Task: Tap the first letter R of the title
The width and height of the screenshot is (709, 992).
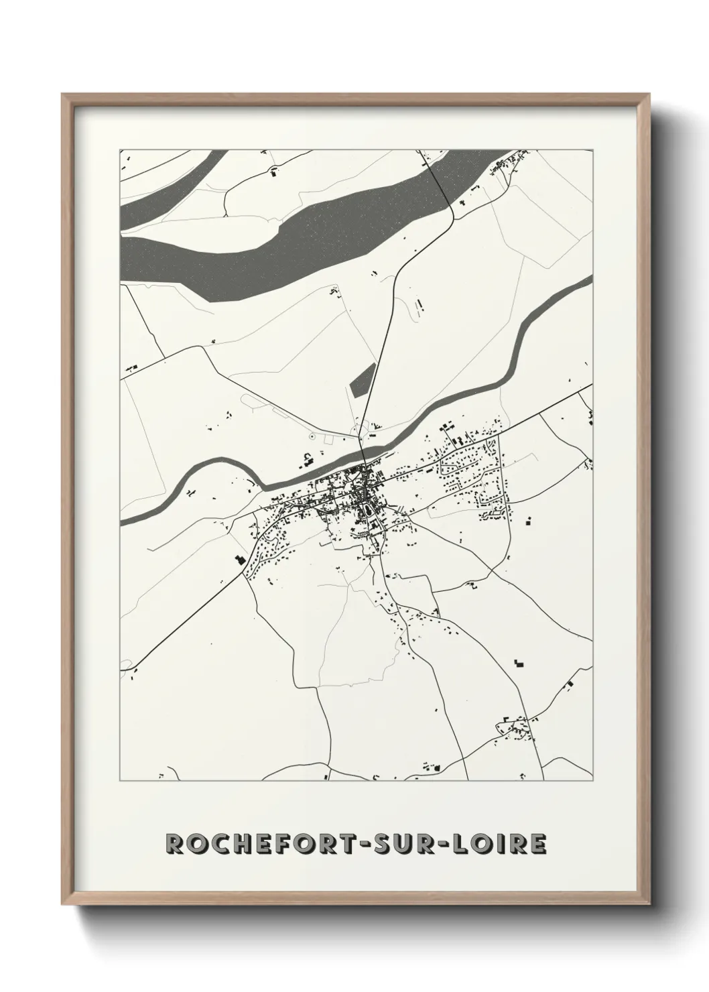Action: (175, 844)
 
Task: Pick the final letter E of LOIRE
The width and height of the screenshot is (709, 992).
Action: (539, 844)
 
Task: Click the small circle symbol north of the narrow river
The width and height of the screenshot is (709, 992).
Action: (312, 437)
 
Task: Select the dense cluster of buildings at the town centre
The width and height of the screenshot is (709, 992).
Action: (359, 496)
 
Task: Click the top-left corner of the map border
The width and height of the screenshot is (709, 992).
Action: (120, 149)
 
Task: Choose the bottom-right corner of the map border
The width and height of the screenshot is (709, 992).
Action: (592, 781)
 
